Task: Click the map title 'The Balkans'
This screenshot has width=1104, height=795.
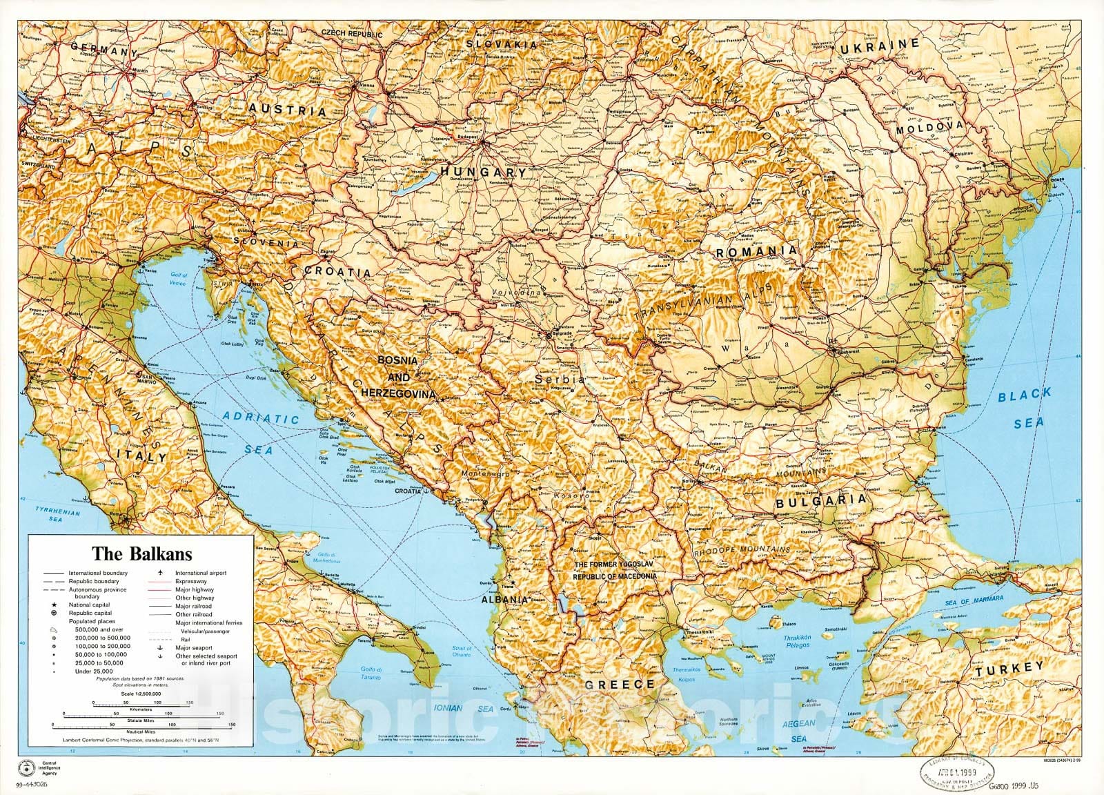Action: pos(143,553)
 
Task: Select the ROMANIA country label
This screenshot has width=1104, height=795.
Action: pos(756,253)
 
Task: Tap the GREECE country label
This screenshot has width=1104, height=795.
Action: pos(619,685)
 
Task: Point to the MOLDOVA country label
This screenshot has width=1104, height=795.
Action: pos(929,128)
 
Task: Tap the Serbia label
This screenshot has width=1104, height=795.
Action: pos(560,380)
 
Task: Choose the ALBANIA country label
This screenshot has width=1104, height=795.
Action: pos(504,600)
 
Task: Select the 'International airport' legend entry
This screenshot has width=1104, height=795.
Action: pos(200,573)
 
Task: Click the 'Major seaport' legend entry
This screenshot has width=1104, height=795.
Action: pos(191,647)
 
